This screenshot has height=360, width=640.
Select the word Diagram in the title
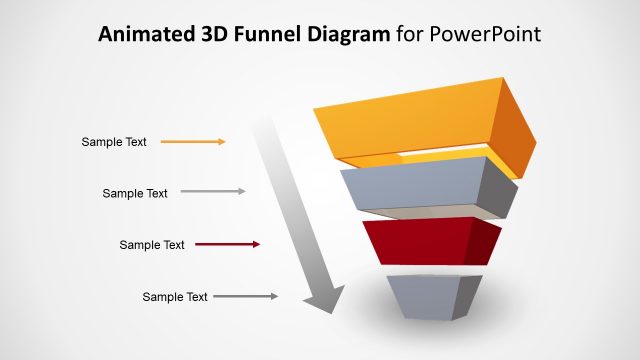[x=338, y=35]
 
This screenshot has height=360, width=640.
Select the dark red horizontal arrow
[x=227, y=244]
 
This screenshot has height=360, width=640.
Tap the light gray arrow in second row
[x=212, y=191]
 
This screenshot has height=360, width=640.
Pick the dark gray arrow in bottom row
[x=245, y=296]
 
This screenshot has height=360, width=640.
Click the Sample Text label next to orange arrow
[x=114, y=142]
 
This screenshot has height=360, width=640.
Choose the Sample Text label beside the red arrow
[x=152, y=245]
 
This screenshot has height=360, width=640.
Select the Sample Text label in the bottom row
[x=175, y=297]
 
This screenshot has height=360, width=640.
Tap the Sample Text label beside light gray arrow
[x=135, y=193]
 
